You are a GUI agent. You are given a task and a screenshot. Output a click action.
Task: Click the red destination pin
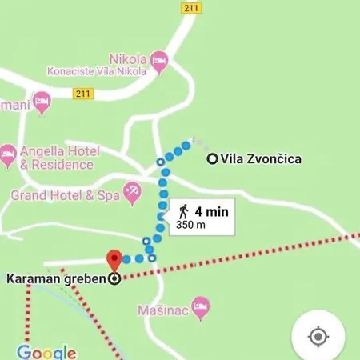coord(114,260)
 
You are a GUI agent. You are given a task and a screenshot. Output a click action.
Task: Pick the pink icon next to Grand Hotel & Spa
coord(132,190)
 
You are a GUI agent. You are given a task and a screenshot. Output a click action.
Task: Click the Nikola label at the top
coord(129,59)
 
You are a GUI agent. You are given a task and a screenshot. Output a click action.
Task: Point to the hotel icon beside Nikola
coord(160,59)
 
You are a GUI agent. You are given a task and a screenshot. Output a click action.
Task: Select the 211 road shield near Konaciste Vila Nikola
coord(83,94)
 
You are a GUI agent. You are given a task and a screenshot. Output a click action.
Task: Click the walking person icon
coord(184,211)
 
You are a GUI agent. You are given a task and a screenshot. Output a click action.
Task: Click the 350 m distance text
coord(190,225)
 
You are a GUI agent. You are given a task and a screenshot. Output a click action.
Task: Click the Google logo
coord(46,352)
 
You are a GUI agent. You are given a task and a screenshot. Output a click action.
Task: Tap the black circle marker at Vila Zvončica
coord(212,159)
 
